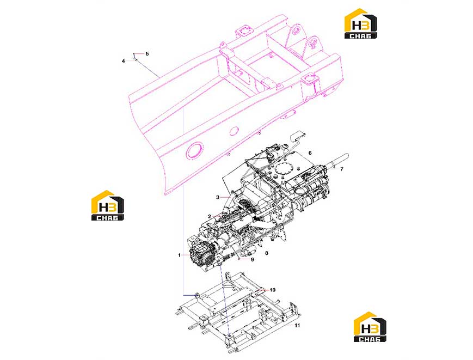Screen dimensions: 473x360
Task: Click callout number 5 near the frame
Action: point(147,54)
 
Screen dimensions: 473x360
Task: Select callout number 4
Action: point(123,61)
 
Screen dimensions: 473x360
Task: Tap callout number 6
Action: point(310,153)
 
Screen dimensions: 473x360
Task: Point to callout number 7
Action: point(341,169)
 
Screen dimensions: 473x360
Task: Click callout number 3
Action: point(218,197)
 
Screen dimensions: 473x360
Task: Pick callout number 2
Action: point(210,216)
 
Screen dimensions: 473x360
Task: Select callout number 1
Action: point(179,255)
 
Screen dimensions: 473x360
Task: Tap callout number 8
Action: point(266,253)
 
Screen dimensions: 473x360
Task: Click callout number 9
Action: point(253,259)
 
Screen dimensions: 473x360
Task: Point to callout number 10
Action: point(272,290)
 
